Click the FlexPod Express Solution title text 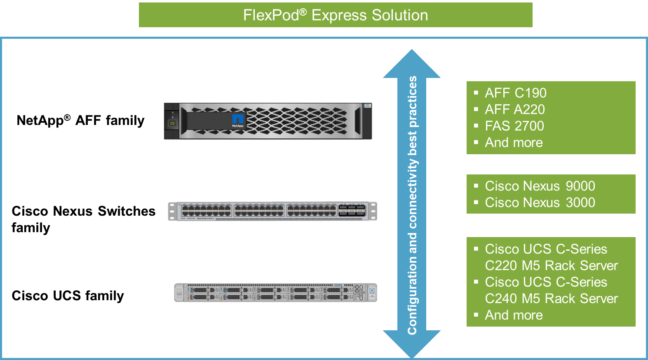(335, 15)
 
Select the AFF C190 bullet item (515, 93)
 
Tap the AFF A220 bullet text (514, 110)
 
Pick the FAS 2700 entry (514, 126)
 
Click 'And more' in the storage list (514, 143)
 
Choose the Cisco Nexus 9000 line (540, 186)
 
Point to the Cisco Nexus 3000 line (540, 203)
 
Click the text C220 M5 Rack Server (551, 266)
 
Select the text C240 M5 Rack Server (551, 299)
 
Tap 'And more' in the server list (514, 315)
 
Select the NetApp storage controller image (268, 121)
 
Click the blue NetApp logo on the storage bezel (238, 120)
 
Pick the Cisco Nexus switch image (272, 211)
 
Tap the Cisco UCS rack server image (275, 292)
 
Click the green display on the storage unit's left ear (172, 123)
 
